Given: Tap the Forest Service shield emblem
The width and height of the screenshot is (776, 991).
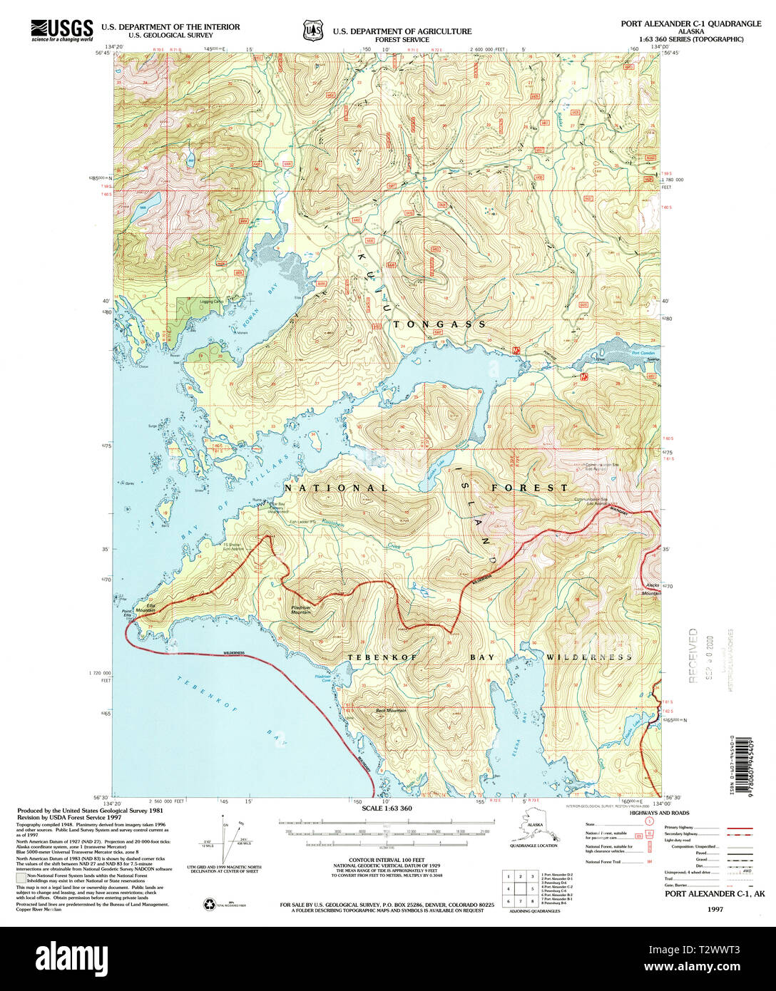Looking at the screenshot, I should [x=312, y=31].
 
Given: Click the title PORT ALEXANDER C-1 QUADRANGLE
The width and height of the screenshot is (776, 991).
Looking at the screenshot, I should [x=690, y=24].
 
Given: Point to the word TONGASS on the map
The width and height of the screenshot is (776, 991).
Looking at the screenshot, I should [x=439, y=324].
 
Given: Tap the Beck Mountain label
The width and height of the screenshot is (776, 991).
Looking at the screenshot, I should [x=392, y=710].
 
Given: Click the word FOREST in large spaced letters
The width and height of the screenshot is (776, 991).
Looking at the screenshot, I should [x=529, y=488].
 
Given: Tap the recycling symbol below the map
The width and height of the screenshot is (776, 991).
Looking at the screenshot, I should [x=210, y=904].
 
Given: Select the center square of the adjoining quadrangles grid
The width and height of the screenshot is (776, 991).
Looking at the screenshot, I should [x=519, y=889].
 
